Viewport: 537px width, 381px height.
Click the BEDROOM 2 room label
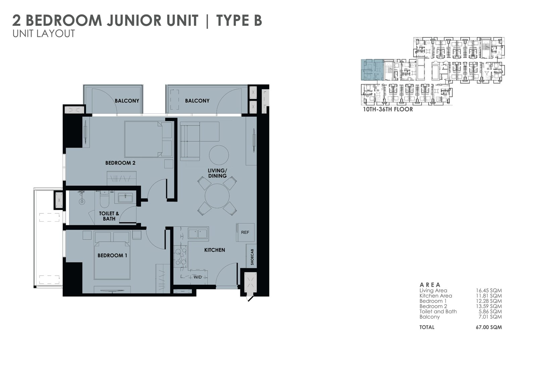click(x=120, y=163)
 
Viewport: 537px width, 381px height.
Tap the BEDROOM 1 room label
click(x=112, y=256)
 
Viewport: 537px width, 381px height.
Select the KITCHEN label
click(x=214, y=250)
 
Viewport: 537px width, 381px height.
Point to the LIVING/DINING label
click(x=217, y=173)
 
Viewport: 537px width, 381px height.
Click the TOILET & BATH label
click(x=109, y=216)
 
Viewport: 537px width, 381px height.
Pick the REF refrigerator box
click(x=245, y=232)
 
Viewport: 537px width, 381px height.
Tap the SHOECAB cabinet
click(x=252, y=257)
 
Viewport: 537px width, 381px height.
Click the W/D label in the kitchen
click(x=198, y=277)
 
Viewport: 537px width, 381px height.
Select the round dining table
click(x=217, y=196)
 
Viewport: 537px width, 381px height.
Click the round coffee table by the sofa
click(x=219, y=155)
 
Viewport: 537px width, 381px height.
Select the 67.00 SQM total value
click(x=489, y=327)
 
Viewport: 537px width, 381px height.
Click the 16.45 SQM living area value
click(x=489, y=290)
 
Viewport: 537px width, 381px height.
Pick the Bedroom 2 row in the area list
click(x=460, y=306)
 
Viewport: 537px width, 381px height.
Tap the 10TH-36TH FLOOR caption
click(x=388, y=109)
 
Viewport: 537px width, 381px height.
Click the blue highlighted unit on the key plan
click(x=372, y=70)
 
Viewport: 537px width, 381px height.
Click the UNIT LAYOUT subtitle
click(x=44, y=34)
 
